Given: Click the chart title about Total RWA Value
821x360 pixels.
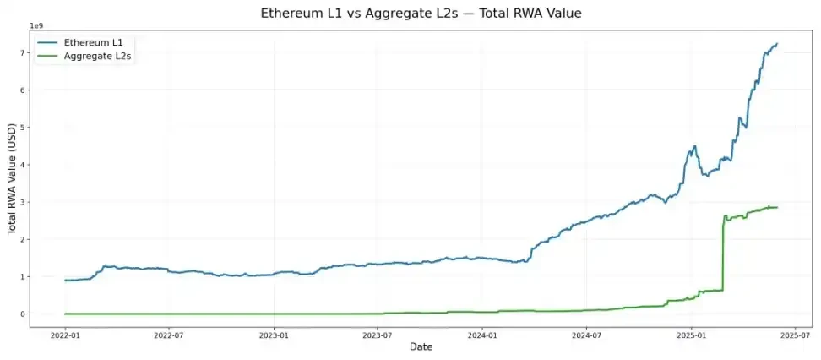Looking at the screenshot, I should (x=410, y=14).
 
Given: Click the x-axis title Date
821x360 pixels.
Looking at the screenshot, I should (x=421, y=347).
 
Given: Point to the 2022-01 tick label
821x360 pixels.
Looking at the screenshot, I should (x=65, y=335).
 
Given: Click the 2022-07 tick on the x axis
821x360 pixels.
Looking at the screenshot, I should (x=169, y=335).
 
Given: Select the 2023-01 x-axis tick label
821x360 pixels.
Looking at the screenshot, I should (x=274, y=335).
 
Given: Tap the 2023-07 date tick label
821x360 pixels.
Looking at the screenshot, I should (x=378, y=335).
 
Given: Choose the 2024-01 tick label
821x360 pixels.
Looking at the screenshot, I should (x=482, y=335).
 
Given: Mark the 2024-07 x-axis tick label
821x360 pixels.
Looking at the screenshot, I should (x=586, y=335).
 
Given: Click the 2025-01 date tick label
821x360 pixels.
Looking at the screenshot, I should (x=691, y=335).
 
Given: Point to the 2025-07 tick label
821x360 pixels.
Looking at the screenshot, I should (x=795, y=335).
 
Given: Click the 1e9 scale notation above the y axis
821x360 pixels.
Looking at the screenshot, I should (x=37, y=26).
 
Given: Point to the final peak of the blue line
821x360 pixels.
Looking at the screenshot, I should (x=777, y=43).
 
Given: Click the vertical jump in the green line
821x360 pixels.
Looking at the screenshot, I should (x=723, y=254).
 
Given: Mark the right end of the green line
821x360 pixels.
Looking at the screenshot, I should (x=777, y=207).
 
